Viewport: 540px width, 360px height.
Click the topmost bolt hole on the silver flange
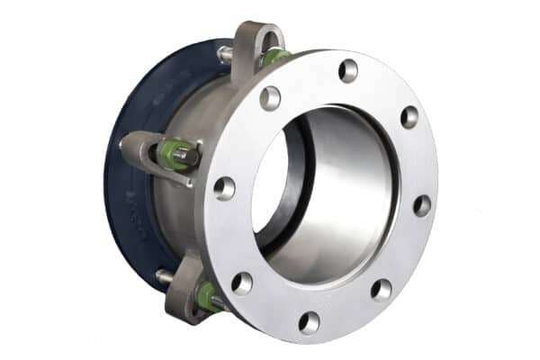tap(348, 70)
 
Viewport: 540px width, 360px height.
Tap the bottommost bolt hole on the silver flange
tap(309, 321)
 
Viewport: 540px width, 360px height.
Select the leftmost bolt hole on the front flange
tap(224, 188)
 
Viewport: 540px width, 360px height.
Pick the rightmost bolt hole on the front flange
tap(421, 205)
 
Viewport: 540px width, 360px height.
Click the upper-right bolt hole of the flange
tap(409, 117)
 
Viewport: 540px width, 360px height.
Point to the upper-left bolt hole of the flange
tap(270, 98)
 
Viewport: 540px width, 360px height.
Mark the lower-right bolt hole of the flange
tap(382, 289)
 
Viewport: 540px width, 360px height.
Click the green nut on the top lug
tap(275, 58)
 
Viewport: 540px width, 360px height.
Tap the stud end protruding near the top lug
tap(225, 54)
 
